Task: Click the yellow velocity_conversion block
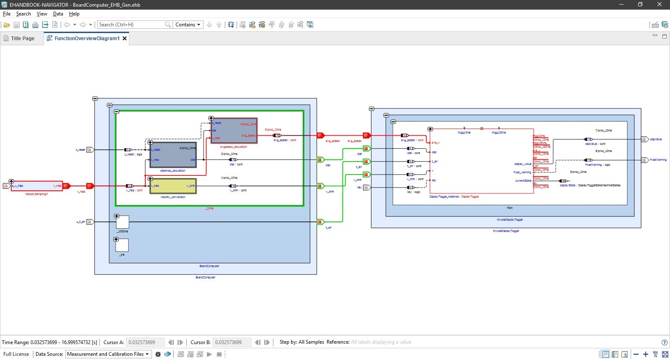[173, 186]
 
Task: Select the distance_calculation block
[173, 155]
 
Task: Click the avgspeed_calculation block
[234, 131]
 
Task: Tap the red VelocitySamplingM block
[37, 186]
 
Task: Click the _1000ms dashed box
[122, 222]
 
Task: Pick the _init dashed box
[122, 245]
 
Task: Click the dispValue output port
[644, 139]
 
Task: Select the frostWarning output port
[644, 160]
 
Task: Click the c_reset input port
[90, 149]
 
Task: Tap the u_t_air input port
[90, 222]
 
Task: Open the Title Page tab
[23, 38]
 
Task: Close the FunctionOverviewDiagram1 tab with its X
[124, 39]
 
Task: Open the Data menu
[58, 14]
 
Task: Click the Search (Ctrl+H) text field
[131, 25]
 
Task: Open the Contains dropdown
[188, 25]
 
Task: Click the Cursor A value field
[145, 342]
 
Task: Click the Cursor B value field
[232, 342]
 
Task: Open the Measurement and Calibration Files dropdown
[108, 354]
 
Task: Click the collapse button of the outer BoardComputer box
[95, 99]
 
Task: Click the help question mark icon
[664, 342]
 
